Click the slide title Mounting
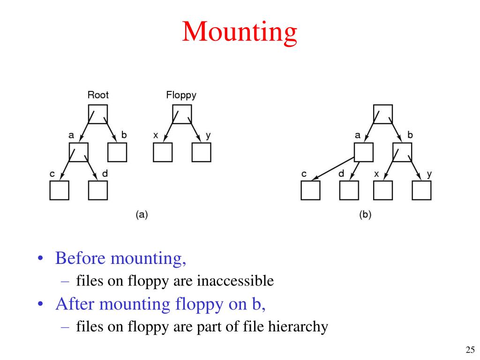click(240, 32)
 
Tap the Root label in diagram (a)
click(98, 95)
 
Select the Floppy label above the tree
click(181, 95)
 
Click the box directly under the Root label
click(98, 114)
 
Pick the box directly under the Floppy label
click(181, 114)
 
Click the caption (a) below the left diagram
click(142, 215)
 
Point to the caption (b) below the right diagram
click(365, 215)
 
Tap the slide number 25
click(470, 349)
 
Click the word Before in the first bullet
click(80, 258)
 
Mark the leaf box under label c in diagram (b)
click(310, 190)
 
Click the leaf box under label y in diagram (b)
click(421, 190)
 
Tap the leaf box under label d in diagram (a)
click(97, 190)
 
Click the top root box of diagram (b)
click(382, 114)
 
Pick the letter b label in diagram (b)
click(410, 135)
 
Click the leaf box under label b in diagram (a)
click(117, 152)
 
